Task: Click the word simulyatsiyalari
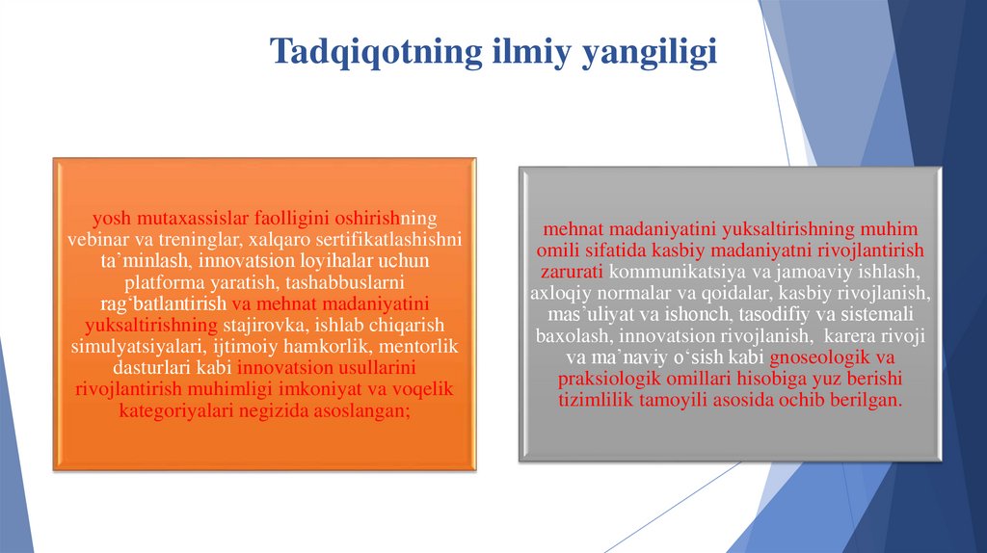tap(126, 345)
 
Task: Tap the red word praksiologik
tap(608, 379)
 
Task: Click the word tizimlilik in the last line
tap(597, 400)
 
